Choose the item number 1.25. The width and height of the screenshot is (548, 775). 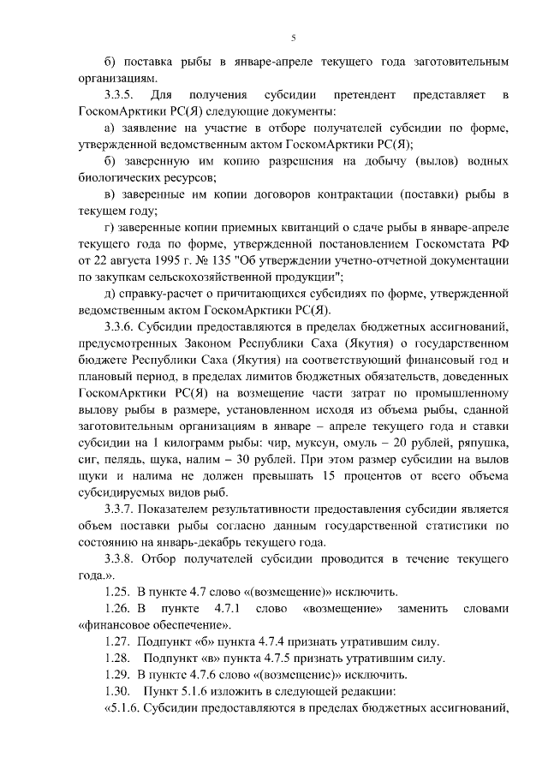coord(116,592)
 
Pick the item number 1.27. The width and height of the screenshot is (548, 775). coord(116,641)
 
